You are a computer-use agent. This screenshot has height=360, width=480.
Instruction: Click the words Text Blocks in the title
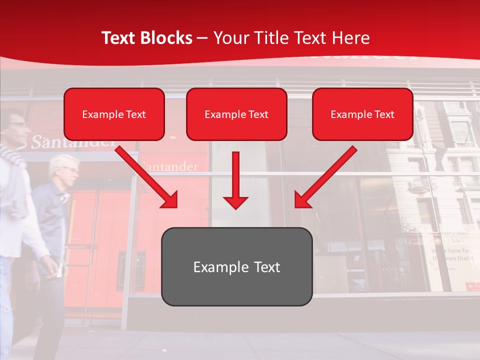point(146,38)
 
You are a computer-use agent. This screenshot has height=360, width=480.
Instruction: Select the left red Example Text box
point(114,114)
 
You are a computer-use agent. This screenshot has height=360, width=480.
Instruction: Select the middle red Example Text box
point(236,114)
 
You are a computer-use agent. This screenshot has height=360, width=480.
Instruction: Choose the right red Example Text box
point(362,114)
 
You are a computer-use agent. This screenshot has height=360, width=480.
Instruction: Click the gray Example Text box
point(236,266)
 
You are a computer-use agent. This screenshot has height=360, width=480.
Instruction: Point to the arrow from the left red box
point(147,176)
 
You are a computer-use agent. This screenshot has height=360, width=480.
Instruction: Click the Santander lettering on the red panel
point(170,166)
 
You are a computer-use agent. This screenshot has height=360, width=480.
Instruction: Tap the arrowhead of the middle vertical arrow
point(235,202)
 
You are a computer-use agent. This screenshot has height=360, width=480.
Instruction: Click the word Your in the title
point(228,38)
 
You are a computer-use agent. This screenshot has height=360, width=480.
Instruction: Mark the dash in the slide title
point(202,38)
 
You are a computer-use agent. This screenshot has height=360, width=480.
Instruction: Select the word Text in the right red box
point(383,114)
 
